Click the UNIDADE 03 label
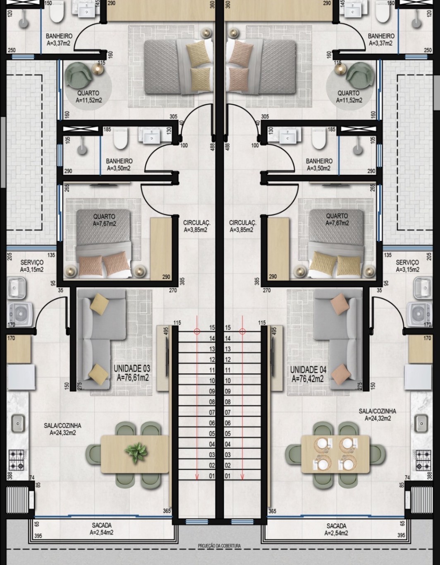[132, 368]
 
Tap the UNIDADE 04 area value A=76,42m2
[308, 379]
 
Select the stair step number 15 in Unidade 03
[212, 327]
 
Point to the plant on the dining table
[136, 452]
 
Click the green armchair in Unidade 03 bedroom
[79, 75]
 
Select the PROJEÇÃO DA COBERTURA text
[220, 546]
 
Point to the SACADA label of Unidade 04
[336, 526]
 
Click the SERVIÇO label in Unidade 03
[32, 262]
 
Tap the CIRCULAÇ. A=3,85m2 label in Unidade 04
[243, 226]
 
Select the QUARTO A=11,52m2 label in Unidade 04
[349, 96]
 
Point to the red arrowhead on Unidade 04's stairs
[242, 477]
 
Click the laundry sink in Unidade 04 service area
[423, 288]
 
